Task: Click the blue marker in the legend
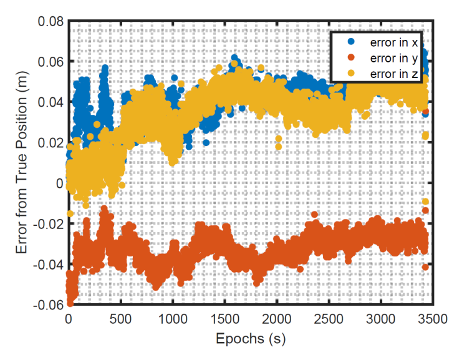coord(350,42)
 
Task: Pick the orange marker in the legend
coord(350,58)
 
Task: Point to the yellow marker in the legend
coord(350,74)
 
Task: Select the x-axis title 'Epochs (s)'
coord(250,340)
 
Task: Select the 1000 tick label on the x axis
coord(173,319)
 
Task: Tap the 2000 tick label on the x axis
coord(277,319)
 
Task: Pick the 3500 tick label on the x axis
coord(433,319)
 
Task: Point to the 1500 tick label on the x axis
coord(224,319)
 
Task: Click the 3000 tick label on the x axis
coord(381,319)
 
